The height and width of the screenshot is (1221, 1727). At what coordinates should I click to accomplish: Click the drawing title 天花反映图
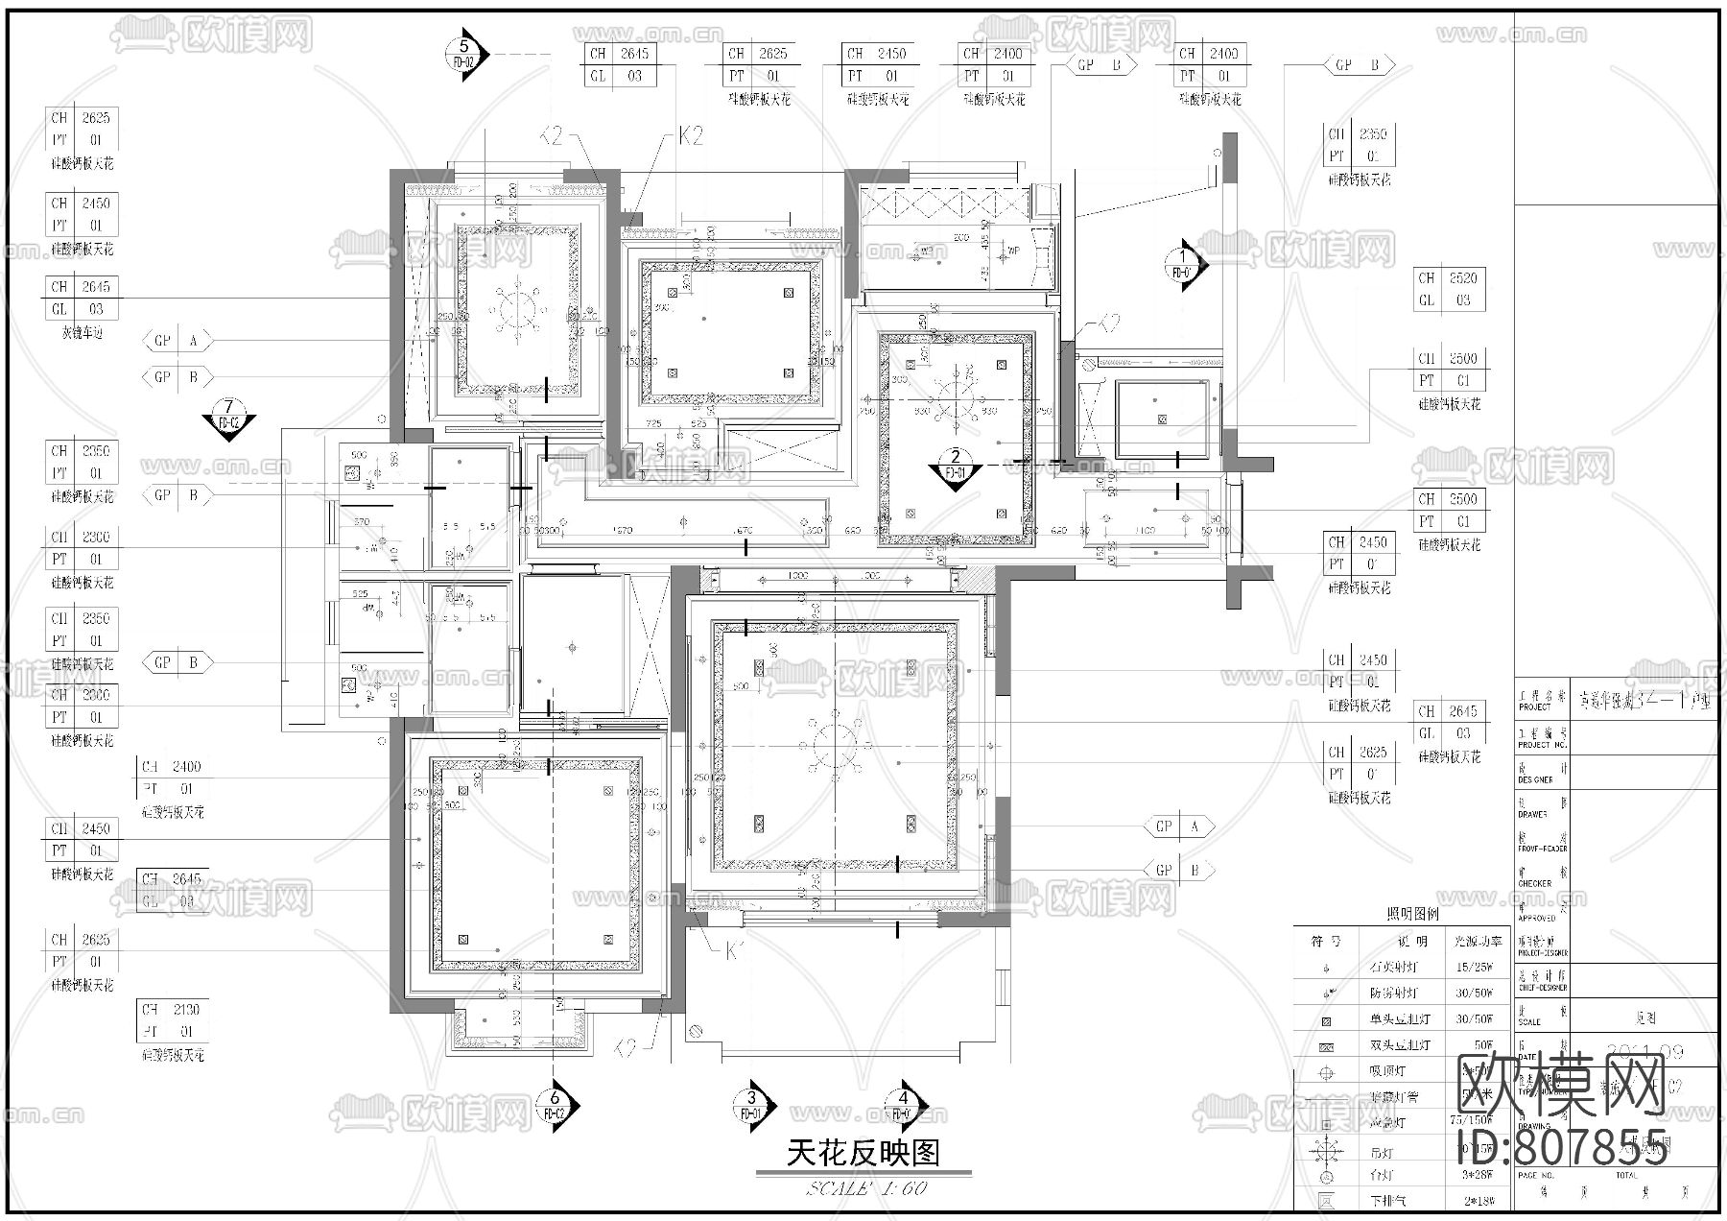click(863, 1152)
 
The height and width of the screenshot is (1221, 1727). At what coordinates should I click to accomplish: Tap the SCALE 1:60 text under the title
click(866, 1188)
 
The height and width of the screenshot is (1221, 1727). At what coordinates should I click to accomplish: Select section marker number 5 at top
click(466, 55)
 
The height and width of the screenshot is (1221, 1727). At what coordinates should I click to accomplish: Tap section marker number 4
click(904, 1106)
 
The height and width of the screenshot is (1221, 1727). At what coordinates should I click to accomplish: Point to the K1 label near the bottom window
click(735, 951)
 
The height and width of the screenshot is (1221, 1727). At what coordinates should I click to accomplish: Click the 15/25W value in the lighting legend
click(1475, 968)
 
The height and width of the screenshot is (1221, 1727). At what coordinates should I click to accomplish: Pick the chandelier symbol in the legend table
click(1327, 1149)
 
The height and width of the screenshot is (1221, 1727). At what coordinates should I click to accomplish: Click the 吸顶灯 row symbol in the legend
click(1327, 1072)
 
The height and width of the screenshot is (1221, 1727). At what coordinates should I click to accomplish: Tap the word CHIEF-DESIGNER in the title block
click(1542, 988)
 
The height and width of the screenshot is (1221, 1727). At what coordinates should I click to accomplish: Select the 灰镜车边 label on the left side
click(83, 333)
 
